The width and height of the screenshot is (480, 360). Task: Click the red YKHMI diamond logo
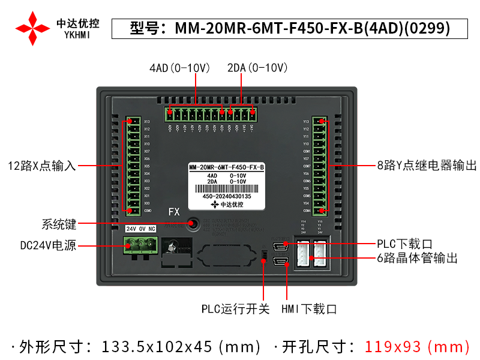pyautogui.click(x=32, y=28)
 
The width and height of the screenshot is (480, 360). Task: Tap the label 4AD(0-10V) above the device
pyautogui.click(x=179, y=68)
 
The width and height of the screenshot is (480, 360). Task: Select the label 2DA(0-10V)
pyautogui.click(x=258, y=68)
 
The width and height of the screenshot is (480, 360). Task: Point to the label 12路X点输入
pyautogui.click(x=42, y=166)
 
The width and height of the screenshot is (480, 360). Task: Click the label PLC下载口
pyautogui.click(x=404, y=244)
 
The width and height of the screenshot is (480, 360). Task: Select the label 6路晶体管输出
pyautogui.click(x=418, y=259)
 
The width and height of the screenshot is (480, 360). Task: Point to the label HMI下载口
pyautogui.click(x=309, y=310)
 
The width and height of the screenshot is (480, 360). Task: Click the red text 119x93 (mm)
pyautogui.click(x=418, y=347)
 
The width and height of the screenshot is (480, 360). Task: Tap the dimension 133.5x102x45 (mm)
pyautogui.click(x=182, y=347)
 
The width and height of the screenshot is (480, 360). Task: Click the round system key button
pyautogui.click(x=194, y=224)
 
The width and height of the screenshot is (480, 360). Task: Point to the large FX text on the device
pyautogui.click(x=174, y=212)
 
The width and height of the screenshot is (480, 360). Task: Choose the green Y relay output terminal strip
pyautogui.click(x=322, y=166)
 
